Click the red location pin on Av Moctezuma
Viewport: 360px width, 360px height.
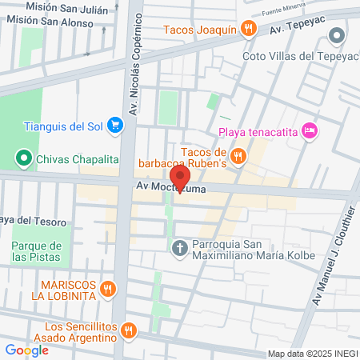point(180,177)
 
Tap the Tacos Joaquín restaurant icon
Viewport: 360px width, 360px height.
point(250,30)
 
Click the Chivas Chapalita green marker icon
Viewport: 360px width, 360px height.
point(23,158)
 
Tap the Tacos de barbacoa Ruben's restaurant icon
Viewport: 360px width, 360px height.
point(238,154)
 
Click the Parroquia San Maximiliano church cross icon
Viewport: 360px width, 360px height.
point(180,247)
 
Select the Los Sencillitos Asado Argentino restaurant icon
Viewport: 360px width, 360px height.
point(130,330)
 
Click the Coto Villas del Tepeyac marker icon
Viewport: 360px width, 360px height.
point(337,35)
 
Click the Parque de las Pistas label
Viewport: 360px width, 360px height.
point(37,252)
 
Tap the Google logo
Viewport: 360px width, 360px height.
point(26,350)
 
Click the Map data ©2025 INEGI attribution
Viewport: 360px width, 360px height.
point(312,354)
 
